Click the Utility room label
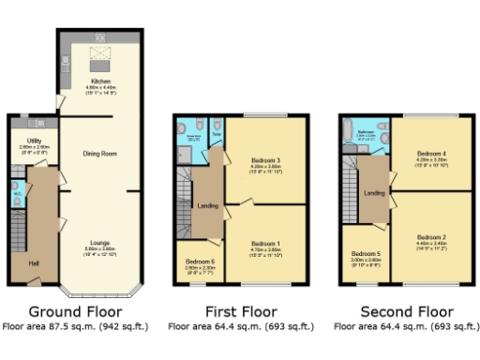(29, 142)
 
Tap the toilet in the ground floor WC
(16, 198)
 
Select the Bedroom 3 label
(265, 160)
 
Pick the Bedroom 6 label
(200, 262)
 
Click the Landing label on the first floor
(208, 206)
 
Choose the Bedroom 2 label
(431, 237)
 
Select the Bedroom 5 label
(366, 254)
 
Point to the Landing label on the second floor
(374, 193)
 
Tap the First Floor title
(241, 311)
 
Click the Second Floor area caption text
(406, 327)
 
